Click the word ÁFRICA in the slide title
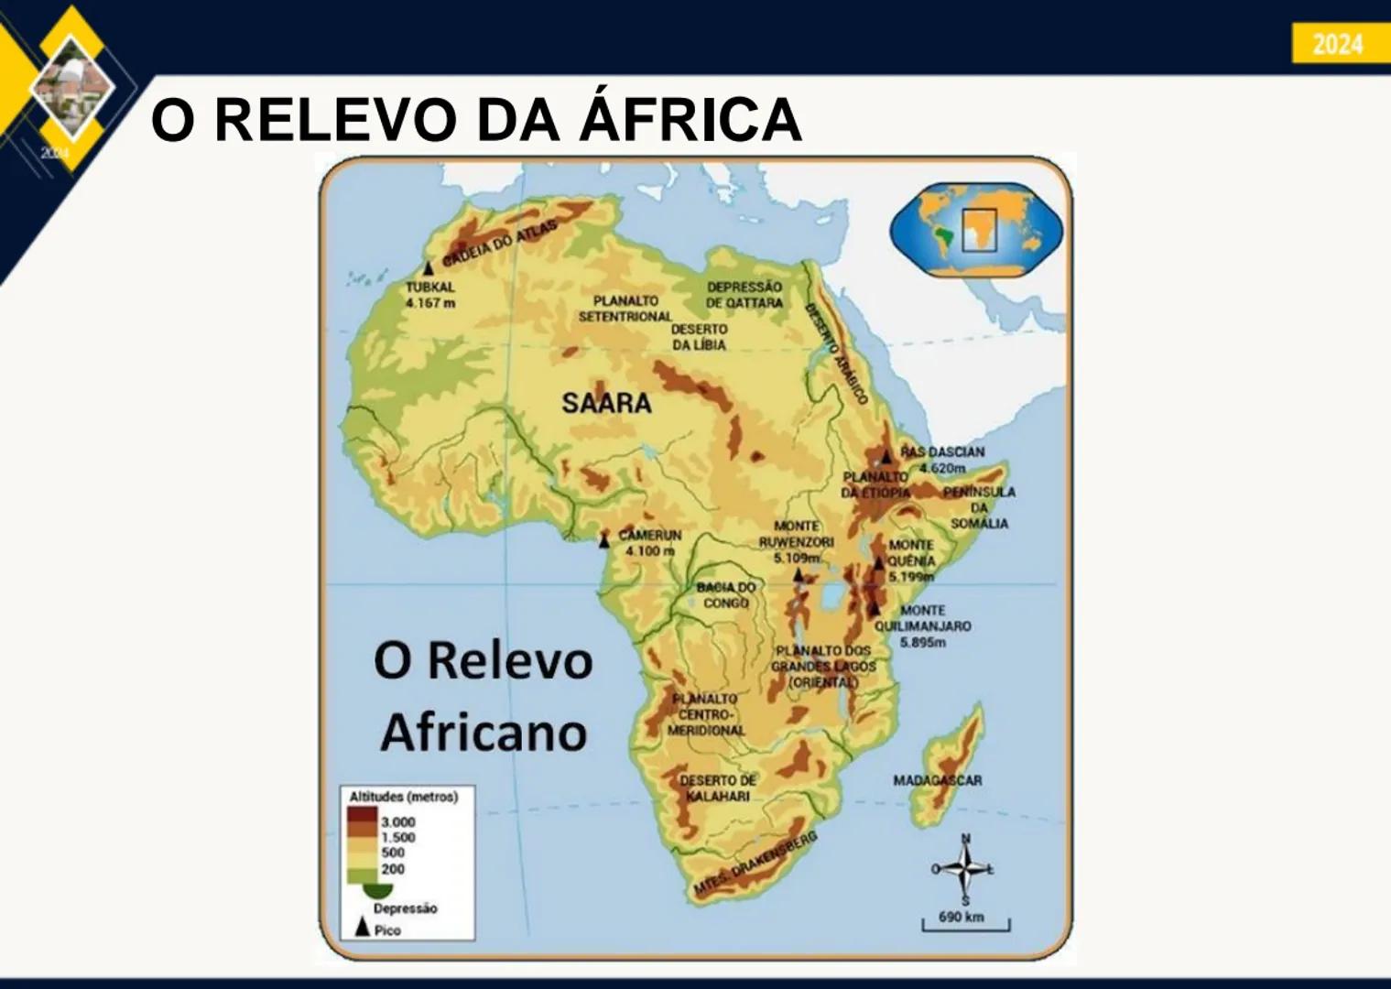(692, 120)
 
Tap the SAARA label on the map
(606, 403)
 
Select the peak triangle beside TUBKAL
(428, 268)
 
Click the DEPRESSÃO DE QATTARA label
(744, 294)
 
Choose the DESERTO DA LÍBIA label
(699, 337)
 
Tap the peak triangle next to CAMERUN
(603, 541)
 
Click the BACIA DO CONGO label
(726, 595)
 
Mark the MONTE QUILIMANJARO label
(922, 626)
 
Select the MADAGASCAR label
(937, 780)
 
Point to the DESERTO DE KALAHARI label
(718, 788)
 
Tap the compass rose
(964, 868)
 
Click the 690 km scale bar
(965, 923)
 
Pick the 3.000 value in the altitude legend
(397, 821)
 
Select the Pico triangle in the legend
(362, 928)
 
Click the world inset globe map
(976, 230)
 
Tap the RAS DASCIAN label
(942, 452)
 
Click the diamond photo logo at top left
(71, 85)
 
